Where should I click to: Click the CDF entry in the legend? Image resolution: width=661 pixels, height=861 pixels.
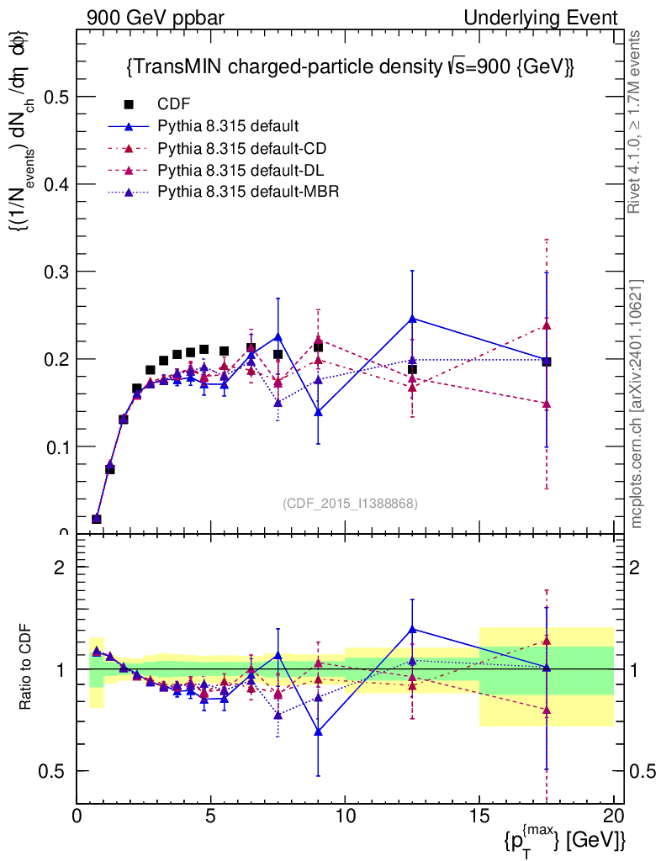click(174, 104)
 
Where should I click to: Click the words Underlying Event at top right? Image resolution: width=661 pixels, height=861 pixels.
click(555, 18)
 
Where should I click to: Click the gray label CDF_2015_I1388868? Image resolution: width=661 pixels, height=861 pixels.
click(350, 503)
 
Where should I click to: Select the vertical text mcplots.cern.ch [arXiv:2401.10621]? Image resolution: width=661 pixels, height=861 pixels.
click(637, 404)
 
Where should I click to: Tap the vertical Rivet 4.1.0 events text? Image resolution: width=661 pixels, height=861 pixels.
click(637, 122)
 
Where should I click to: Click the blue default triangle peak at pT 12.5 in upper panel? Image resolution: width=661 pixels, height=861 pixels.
click(412, 319)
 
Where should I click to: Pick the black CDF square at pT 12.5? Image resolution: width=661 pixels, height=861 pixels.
click(412, 369)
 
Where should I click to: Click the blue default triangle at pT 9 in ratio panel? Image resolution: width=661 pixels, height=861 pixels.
click(318, 731)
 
